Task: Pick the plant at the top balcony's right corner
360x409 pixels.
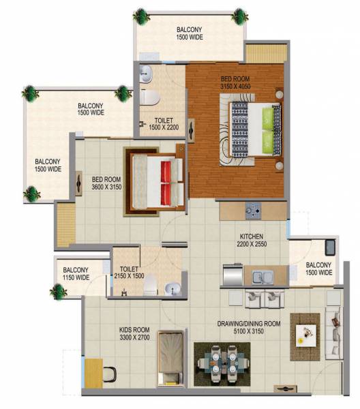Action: click(x=239, y=14)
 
